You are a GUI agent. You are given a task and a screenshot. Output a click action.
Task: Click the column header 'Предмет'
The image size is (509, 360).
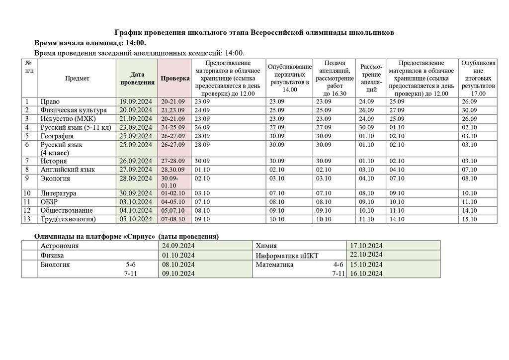pyautogui.click(x=77, y=79)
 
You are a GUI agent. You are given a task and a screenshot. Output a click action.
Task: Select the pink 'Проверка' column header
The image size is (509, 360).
pyautogui.click(x=175, y=79)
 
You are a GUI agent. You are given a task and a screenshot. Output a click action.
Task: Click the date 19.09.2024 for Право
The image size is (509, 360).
pyautogui.click(x=136, y=102)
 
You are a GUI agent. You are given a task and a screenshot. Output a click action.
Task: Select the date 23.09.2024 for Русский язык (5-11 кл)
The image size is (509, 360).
pyautogui.click(x=136, y=127)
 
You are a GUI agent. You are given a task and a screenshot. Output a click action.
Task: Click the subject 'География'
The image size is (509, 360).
pyautogui.click(x=57, y=136)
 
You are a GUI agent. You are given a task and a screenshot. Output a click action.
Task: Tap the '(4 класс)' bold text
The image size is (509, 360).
pyautogui.click(x=55, y=153)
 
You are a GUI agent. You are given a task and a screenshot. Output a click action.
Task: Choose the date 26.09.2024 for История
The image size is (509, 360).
pyautogui.click(x=136, y=161)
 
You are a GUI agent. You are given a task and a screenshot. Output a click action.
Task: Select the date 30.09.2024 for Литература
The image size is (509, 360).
pyautogui.click(x=136, y=193)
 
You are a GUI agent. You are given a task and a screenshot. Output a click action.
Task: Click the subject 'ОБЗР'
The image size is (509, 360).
pyautogui.click(x=50, y=202)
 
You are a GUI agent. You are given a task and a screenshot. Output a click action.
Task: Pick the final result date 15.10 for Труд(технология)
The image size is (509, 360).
pyautogui.click(x=469, y=219)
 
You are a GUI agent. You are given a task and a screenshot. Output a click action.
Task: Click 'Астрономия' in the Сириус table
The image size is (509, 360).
pyautogui.click(x=60, y=246)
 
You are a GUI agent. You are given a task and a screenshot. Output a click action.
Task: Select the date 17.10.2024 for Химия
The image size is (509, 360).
pyautogui.click(x=366, y=246)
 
